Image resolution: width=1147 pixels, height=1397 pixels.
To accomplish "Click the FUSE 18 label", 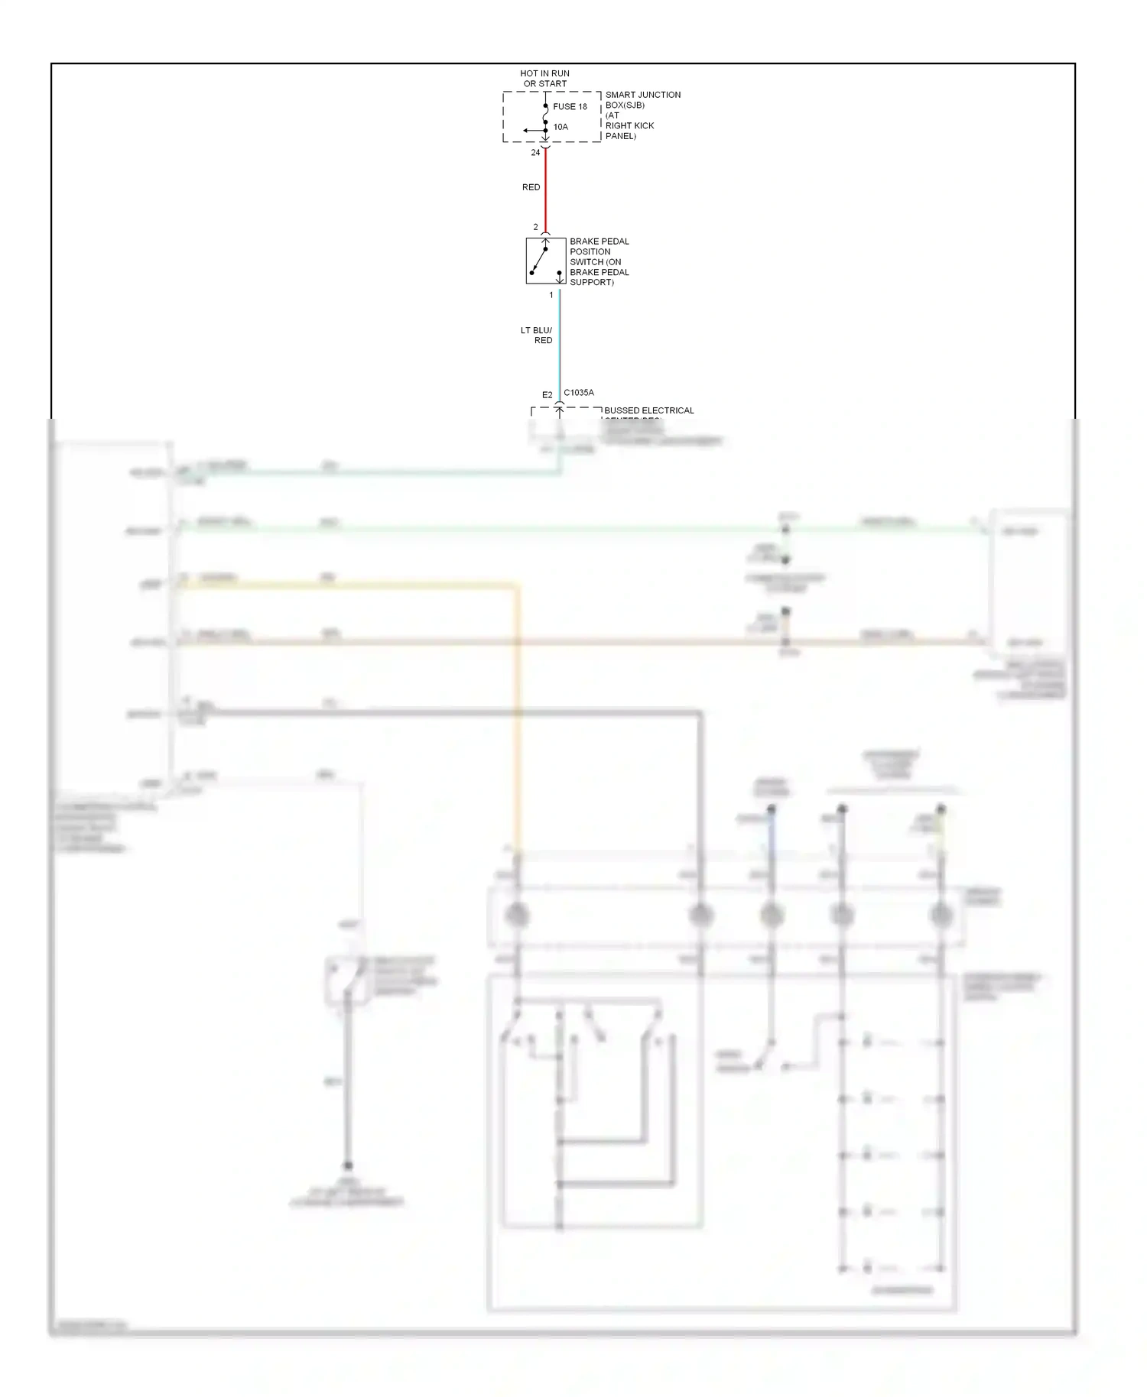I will [570, 107].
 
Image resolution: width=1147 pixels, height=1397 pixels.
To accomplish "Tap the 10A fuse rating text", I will [561, 127].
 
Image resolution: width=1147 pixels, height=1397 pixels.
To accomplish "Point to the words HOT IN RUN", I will [544, 73].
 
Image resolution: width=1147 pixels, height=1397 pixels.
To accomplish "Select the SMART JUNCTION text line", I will [642, 95].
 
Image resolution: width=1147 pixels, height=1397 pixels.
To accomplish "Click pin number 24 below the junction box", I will [535, 153].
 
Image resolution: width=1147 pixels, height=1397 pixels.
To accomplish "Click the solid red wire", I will [545, 187].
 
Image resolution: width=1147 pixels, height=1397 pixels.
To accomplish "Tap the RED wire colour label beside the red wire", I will [531, 187].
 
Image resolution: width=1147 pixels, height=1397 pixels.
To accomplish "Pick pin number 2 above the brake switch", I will [535, 227].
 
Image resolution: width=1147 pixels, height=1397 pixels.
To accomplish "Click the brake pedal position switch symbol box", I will [546, 261].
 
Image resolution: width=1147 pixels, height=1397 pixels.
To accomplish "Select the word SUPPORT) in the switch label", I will [591, 283].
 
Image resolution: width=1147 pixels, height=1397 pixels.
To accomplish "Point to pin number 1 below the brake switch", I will [551, 295].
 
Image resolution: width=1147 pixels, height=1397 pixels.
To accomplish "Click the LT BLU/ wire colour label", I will [536, 330].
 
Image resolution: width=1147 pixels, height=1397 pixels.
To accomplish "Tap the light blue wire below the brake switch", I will [560, 344].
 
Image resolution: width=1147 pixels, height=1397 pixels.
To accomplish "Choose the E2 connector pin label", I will [547, 395].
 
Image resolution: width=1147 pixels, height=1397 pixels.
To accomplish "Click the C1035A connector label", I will [579, 393].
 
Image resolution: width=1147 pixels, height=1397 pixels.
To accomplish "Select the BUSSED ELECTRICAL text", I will [648, 410].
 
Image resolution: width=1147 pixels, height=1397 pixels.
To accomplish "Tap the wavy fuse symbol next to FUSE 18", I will [545, 115].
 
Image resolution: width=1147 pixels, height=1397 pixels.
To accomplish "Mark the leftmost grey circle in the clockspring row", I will [517, 915].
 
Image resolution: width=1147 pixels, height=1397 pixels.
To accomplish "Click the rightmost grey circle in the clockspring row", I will [941, 915].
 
